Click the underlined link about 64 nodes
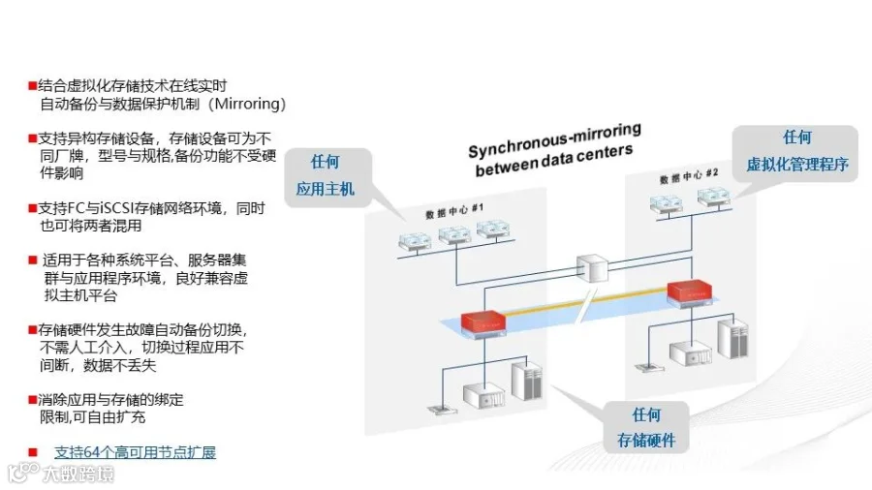coord(135,452)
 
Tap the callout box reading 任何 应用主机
coord(327,176)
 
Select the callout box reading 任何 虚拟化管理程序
coord(795,152)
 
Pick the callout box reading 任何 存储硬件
coord(645,427)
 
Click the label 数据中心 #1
coord(454,210)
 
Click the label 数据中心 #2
coord(689,176)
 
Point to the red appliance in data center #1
coord(483,323)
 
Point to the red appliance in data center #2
coord(689,292)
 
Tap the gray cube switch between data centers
coord(592,268)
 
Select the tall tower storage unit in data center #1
coord(526,381)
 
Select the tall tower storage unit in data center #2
coord(732,337)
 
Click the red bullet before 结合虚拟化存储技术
coord(32,85)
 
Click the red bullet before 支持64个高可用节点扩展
coord(33,453)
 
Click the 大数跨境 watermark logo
coord(60,474)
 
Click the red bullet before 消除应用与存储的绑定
coord(32,399)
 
